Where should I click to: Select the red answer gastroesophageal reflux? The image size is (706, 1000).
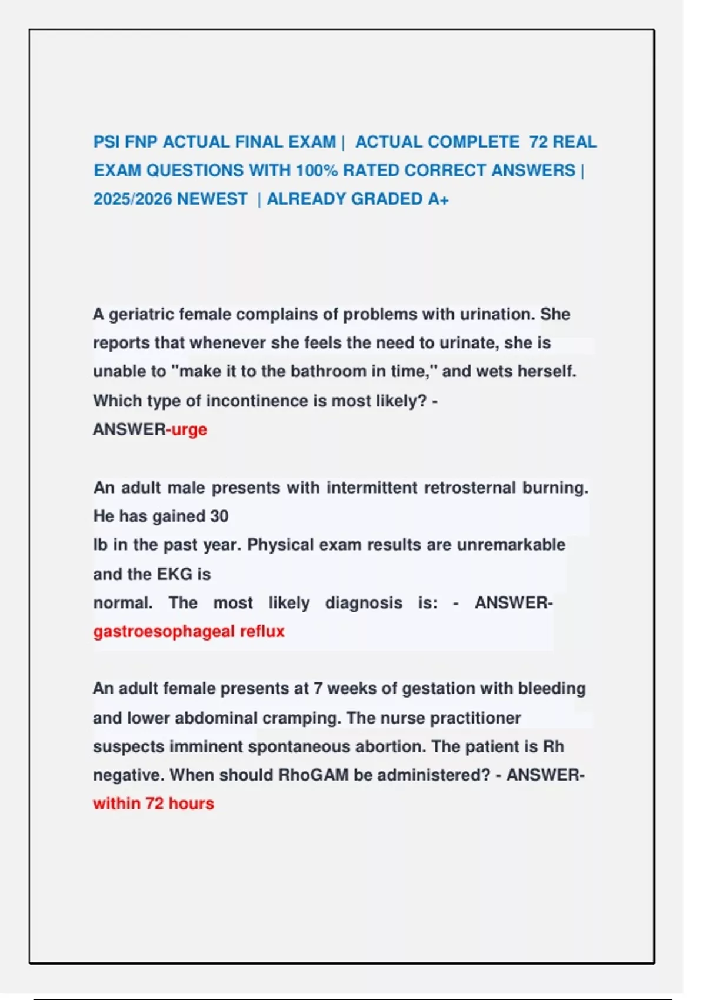point(189,631)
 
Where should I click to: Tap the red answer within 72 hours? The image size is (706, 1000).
point(154,804)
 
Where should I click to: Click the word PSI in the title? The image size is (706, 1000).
point(106,142)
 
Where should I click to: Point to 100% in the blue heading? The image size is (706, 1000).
point(317,171)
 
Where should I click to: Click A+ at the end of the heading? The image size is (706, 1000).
point(438,199)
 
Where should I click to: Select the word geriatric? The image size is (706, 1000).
point(141,315)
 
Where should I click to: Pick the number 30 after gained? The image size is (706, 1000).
point(219,516)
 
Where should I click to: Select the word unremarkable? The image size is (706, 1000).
point(511,545)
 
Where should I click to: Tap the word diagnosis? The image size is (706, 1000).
point(364,603)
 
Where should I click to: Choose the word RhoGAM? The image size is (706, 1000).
point(314,775)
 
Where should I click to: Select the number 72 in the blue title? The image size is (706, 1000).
point(538,142)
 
